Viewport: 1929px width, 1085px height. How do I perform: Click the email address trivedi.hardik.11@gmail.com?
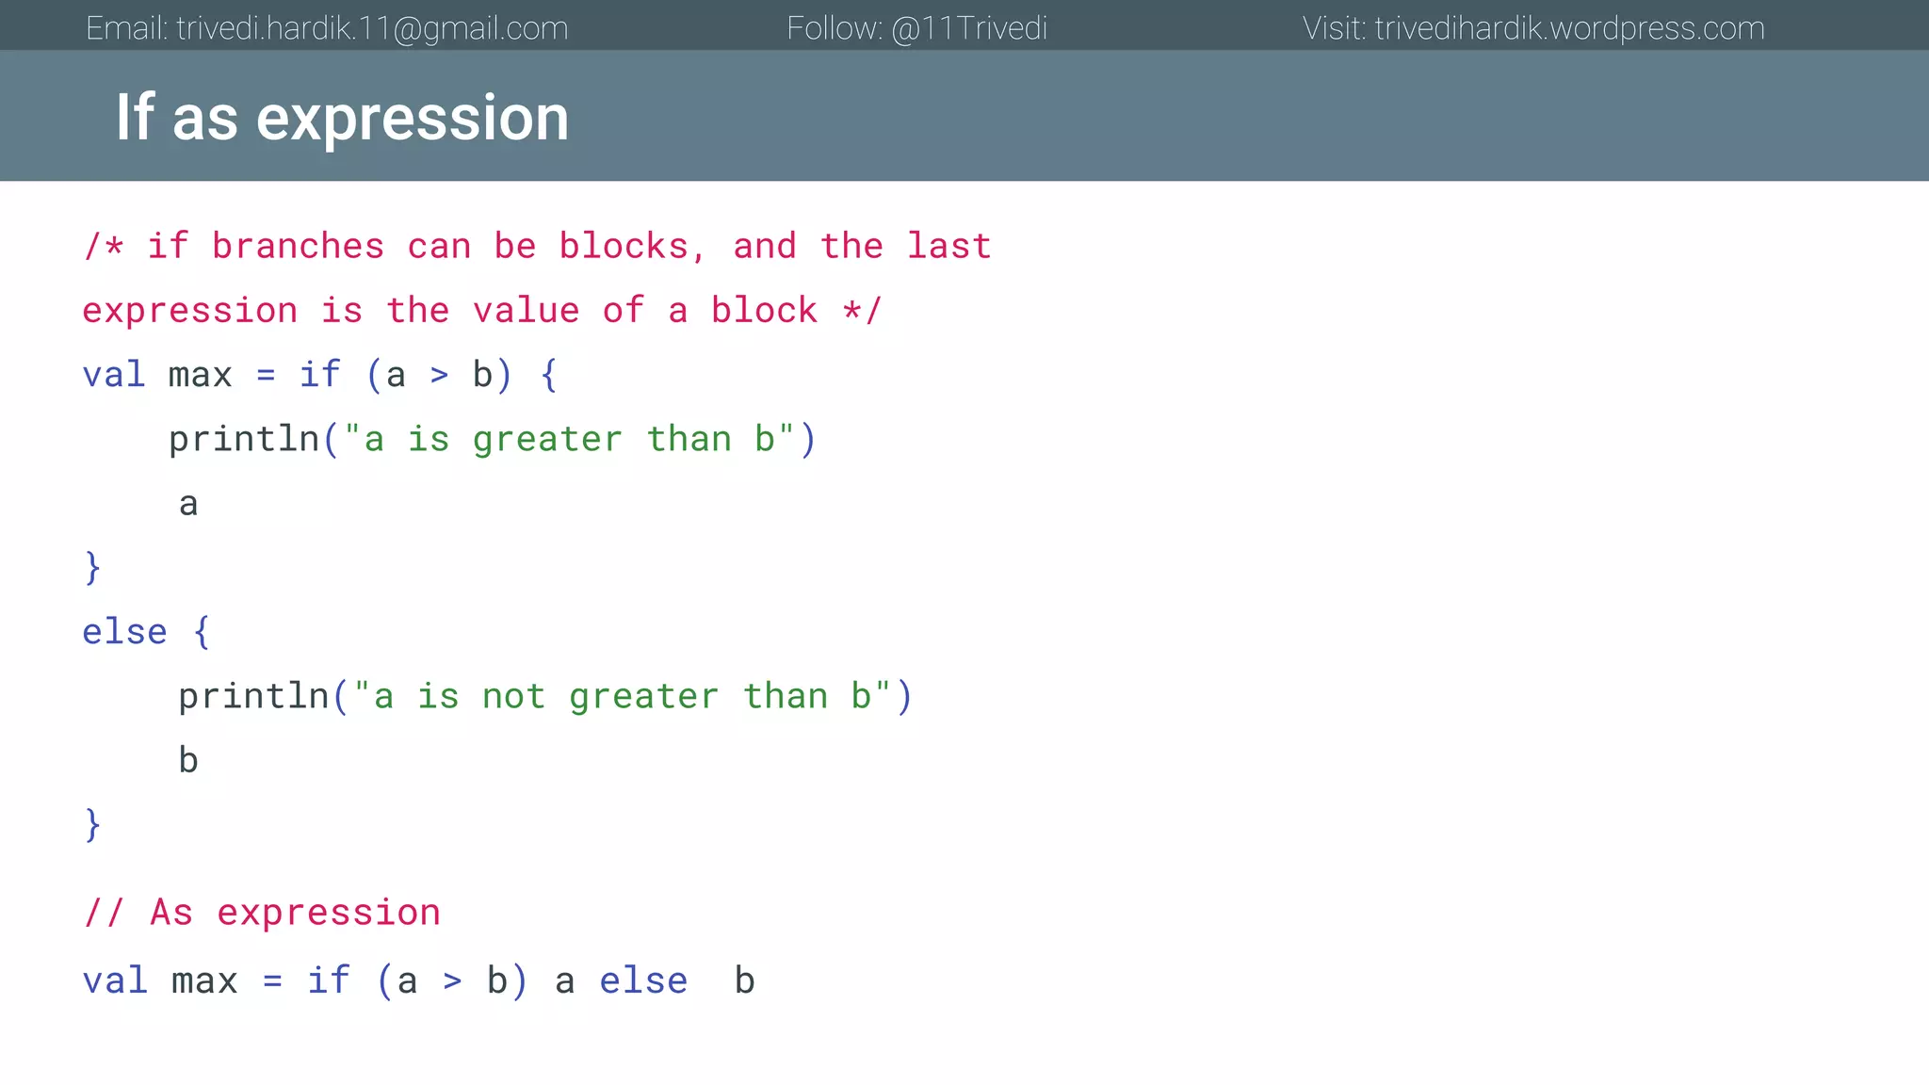[x=372, y=28]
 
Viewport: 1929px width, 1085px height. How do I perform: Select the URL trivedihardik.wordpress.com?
[x=1569, y=28]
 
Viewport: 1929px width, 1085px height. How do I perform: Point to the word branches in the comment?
[x=298, y=247]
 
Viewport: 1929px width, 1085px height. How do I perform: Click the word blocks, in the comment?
[x=631, y=247]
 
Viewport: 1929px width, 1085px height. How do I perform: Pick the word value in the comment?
[x=526, y=311]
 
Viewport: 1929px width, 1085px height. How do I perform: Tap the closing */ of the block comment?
[x=862, y=311]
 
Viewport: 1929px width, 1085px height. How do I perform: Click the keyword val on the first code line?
[x=114, y=375]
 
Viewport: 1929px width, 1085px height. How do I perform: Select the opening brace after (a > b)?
[x=549, y=375]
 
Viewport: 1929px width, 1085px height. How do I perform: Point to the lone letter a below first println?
[x=188, y=504]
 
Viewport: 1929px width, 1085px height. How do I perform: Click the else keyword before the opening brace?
[x=124, y=632]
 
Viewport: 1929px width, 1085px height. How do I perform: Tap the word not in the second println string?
[x=513, y=697]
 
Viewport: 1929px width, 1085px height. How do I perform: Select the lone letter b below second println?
[x=188, y=760]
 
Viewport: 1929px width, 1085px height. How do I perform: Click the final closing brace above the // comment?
[x=92, y=825]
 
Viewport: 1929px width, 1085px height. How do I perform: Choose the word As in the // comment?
[x=171, y=913]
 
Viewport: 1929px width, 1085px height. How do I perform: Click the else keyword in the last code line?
[x=643, y=981]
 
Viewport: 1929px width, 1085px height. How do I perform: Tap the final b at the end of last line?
[x=744, y=981]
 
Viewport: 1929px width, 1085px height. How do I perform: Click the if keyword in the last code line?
[x=329, y=981]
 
